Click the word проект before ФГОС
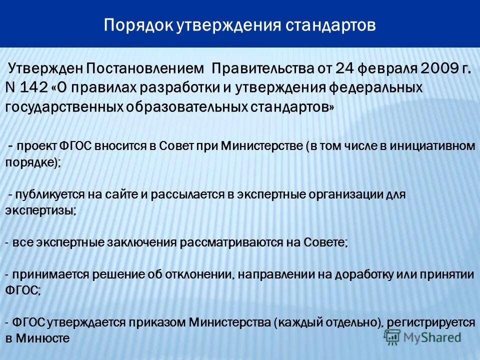pyautogui.click(x=35, y=146)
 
